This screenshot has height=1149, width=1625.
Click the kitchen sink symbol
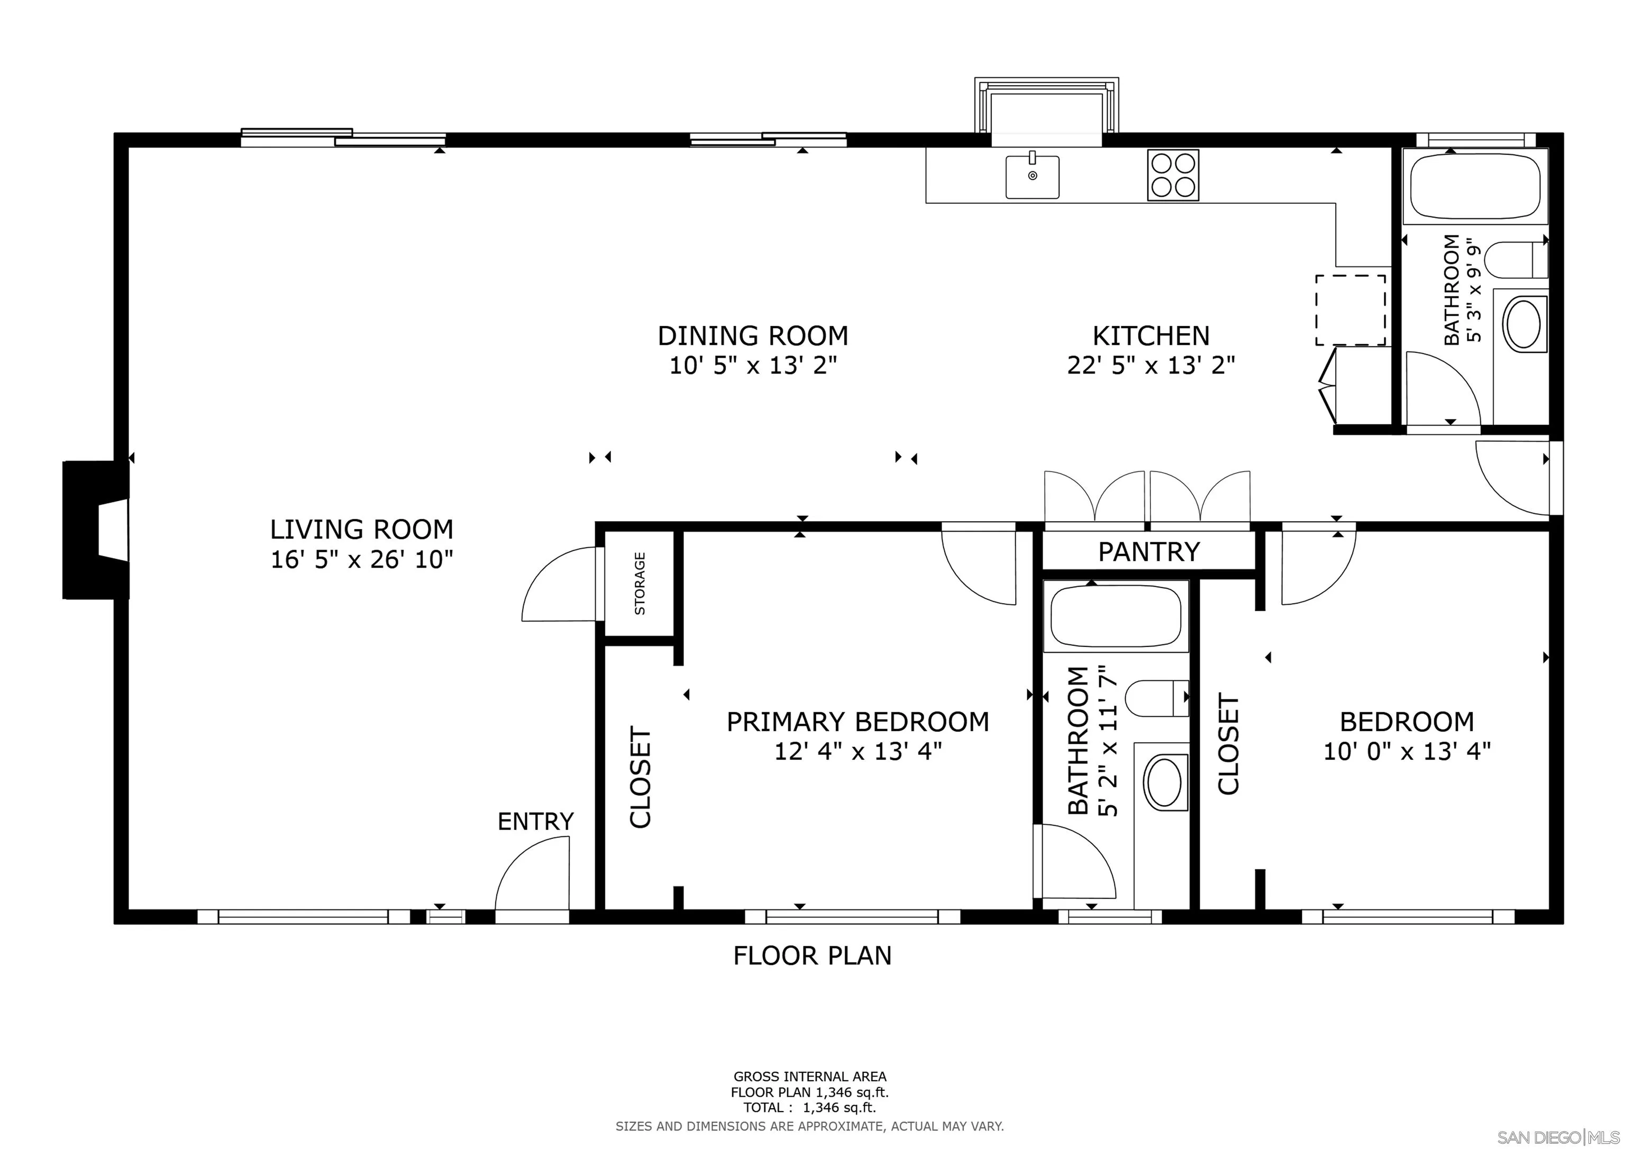point(1033,177)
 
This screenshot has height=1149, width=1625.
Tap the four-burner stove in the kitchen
point(1173,175)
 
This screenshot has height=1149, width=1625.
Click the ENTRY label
point(535,821)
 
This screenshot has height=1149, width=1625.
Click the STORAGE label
point(640,583)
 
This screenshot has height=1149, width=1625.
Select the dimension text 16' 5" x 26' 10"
point(362,560)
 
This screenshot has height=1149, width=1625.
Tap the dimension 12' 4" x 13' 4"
point(858,751)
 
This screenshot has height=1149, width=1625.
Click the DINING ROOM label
point(753,335)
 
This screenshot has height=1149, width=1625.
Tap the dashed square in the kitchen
point(1350,310)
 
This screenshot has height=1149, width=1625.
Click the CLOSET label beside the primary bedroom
point(640,777)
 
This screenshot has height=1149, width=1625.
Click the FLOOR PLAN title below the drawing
point(812,956)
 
